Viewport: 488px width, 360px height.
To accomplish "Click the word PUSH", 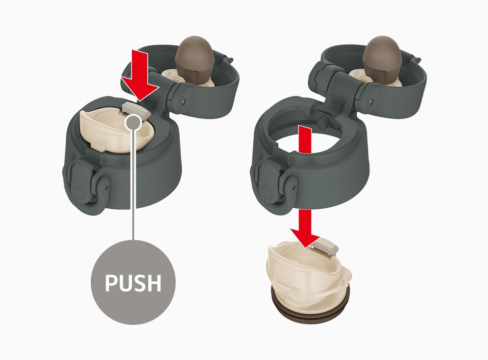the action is [133, 282].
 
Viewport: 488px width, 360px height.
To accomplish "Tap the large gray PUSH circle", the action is [133, 282].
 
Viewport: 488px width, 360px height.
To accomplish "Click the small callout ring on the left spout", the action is [133, 122].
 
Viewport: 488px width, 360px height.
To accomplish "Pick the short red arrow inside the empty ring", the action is [305, 140].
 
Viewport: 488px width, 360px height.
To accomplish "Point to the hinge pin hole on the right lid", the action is [371, 100].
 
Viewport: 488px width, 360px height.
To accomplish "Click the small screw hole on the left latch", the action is [106, 187].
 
